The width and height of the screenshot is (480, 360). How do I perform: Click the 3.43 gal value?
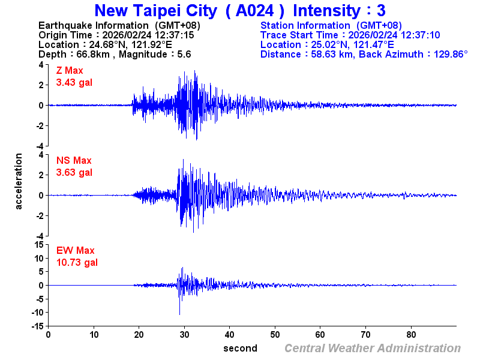[74, 82]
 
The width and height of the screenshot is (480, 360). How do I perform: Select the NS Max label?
[74, 161]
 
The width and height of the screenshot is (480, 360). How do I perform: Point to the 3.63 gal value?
[74, 172]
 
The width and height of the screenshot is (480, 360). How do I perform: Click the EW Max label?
[75, 251]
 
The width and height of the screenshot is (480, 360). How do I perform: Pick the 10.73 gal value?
[77, 262]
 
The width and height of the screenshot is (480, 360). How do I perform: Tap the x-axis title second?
[240, 348]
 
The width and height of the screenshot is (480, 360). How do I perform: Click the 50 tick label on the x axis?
[275, 334]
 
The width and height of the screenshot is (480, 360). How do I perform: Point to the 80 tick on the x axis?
[412, 334]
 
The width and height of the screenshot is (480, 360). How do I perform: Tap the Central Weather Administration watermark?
[373, 348]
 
